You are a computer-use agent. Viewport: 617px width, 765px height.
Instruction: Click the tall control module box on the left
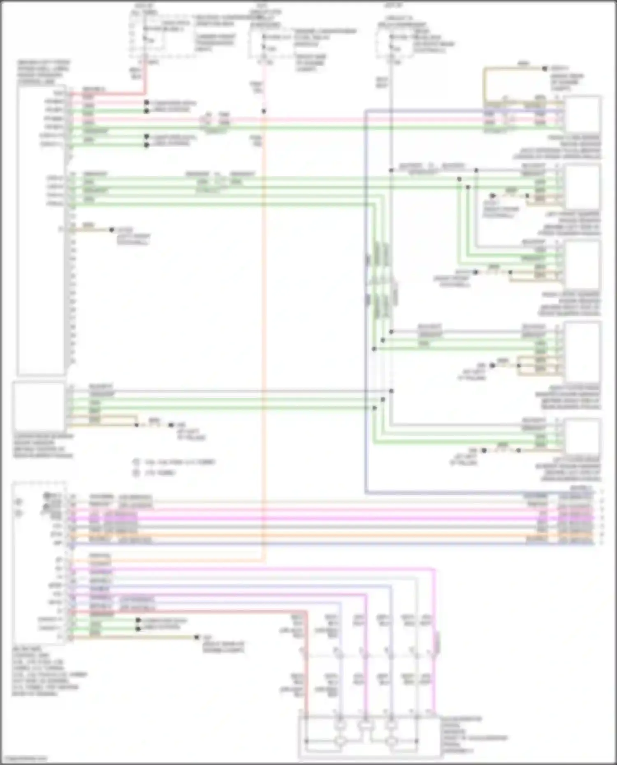pos(40,230)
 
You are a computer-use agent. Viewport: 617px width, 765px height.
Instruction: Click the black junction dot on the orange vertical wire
pos(264,111)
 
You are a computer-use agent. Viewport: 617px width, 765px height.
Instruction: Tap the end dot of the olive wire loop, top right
pos(545,69)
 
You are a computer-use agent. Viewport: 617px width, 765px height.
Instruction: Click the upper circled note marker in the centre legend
pos(136,462)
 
